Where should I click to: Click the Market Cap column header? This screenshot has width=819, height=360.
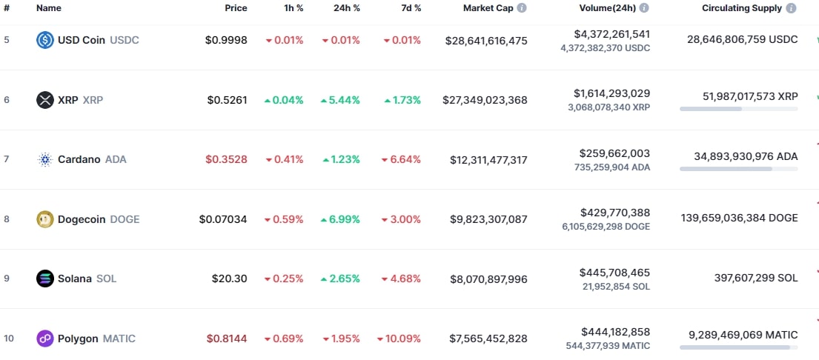(x=488, y=8)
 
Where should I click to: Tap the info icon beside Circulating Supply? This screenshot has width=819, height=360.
(x=792, y=8)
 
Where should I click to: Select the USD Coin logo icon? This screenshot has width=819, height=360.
(x=45, y=40)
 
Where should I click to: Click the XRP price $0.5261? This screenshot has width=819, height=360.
(x=227, y=100)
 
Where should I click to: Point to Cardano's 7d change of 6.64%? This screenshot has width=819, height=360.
(x=401, y=159)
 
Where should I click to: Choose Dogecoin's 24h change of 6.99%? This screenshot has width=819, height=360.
(x=340, y=219)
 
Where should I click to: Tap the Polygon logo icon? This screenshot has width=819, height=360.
(x=45, y=339)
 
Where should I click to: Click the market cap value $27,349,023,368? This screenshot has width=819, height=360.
(x=485, y=100)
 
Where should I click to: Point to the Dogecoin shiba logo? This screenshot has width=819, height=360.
(x=45, y=219)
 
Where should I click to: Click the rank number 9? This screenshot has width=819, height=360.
(x=7, y=279)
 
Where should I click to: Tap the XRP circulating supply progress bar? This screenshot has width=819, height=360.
(x=738, y=109)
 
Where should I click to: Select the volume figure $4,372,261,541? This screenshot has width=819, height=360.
(x=611, y=34)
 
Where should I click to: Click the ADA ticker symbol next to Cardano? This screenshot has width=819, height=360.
(x=116, y=159)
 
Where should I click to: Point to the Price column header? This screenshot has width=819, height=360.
(x=236, y=8)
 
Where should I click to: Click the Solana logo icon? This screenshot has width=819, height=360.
(x=45, y=279)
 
